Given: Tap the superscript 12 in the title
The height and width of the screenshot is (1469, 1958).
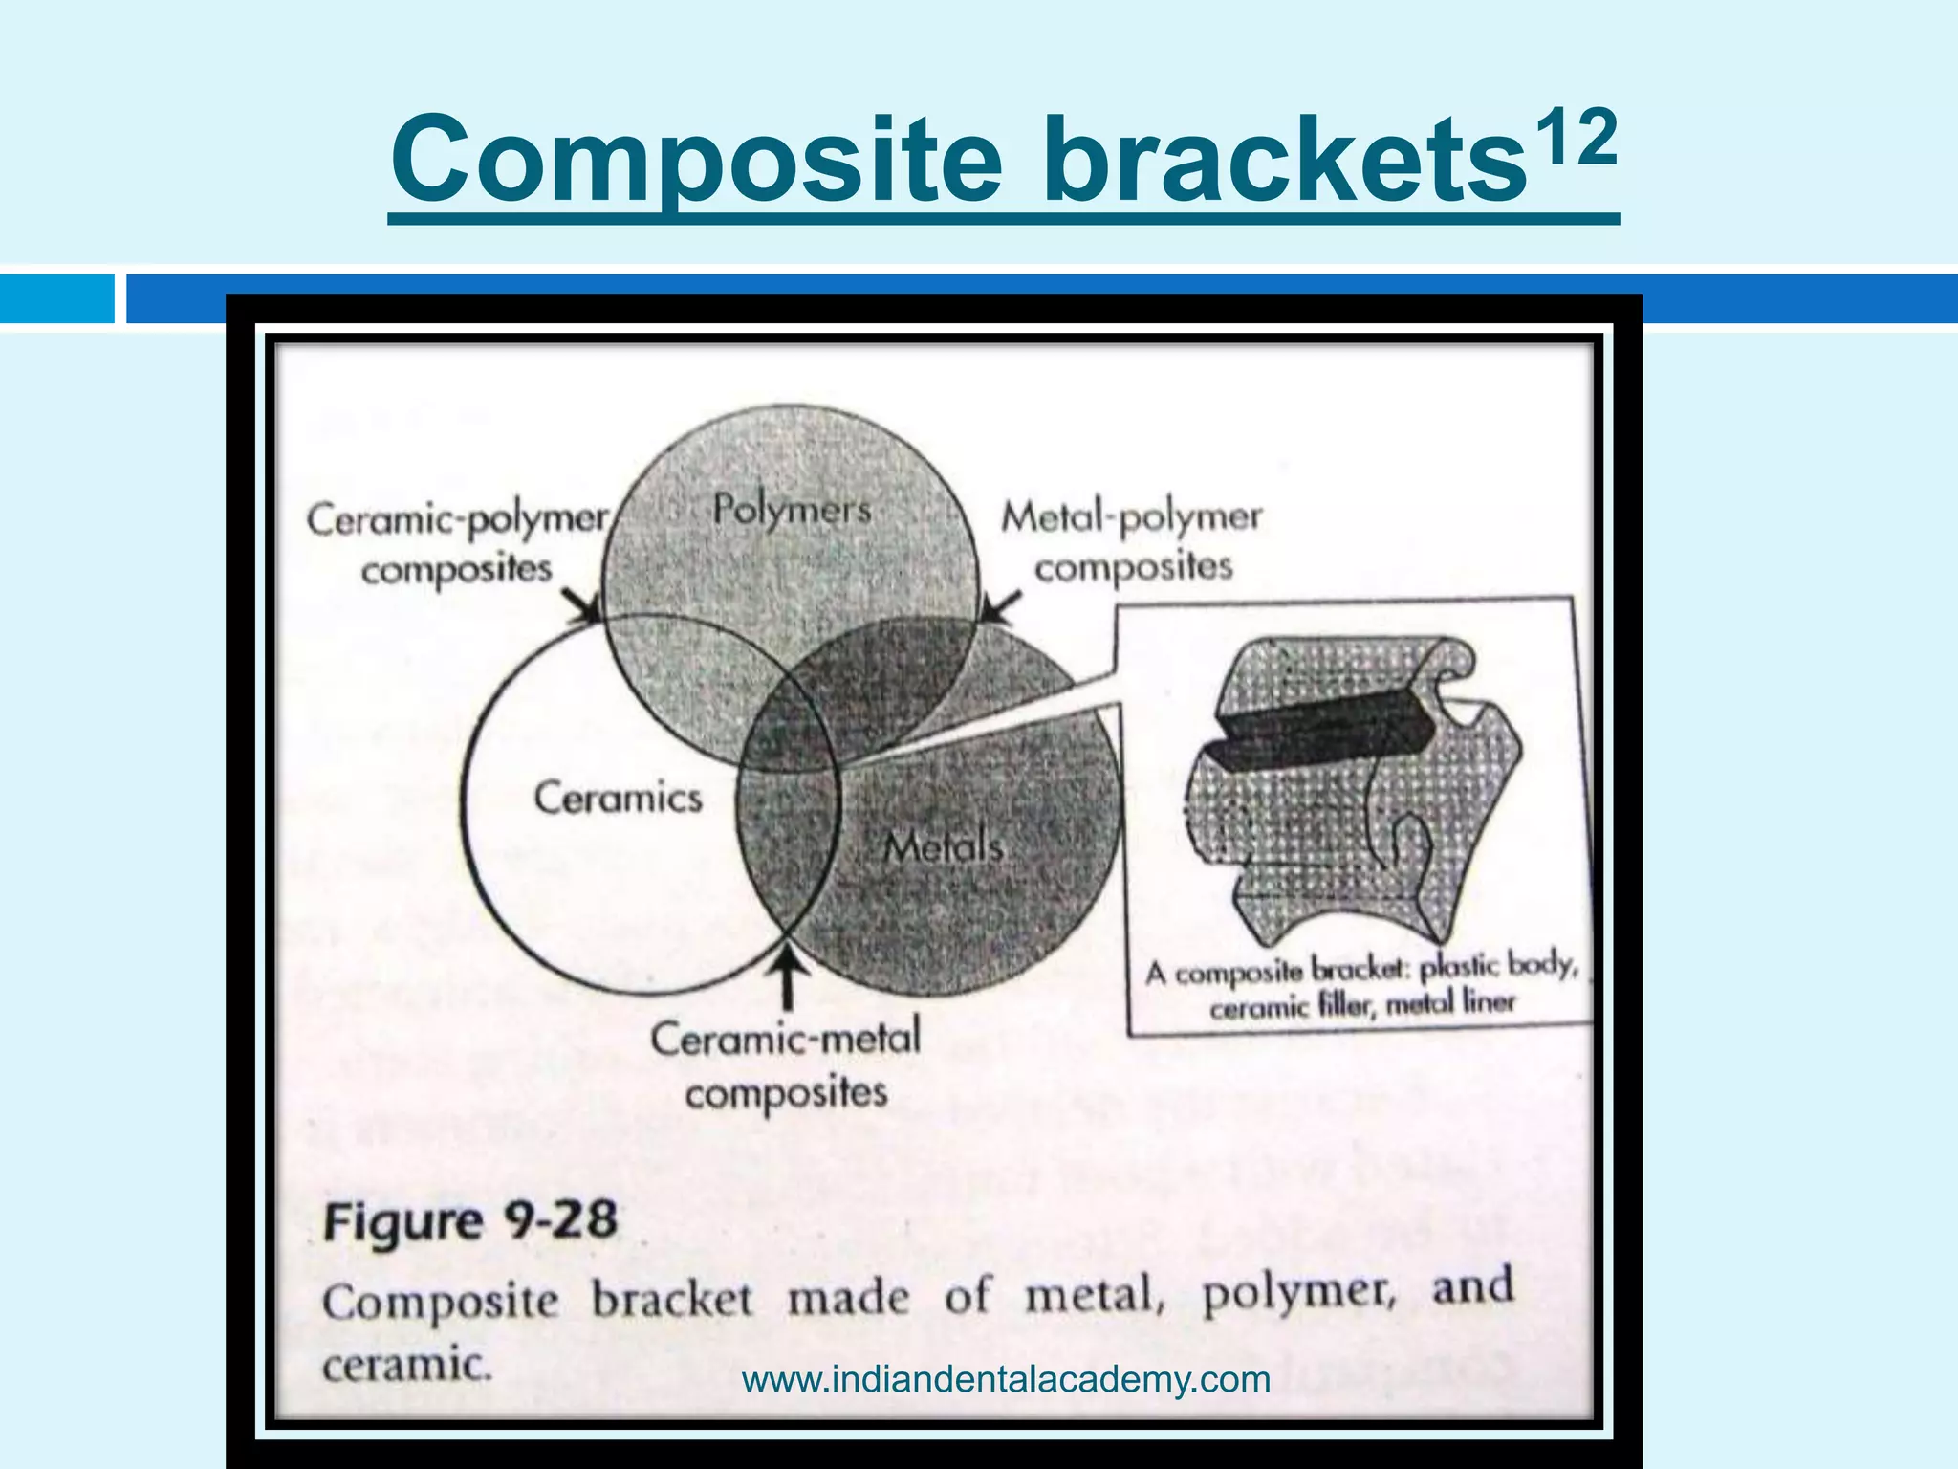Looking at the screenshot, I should (x=1573, y=139).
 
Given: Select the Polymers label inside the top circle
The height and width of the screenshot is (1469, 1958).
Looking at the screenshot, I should (x=792, y=509).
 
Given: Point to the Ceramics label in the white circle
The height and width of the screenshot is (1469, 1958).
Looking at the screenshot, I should (x=618, y=798).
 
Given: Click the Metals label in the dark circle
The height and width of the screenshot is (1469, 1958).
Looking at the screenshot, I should (x=943, y=846).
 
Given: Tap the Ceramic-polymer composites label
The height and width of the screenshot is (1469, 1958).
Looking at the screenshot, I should (x=457, y=543).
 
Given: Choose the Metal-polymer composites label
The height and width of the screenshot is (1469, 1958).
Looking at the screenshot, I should (x=1132, y=541).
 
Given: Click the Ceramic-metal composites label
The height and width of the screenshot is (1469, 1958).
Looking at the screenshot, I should (x=786, y=1064).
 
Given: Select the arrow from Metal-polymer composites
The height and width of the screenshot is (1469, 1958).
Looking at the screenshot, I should (x=1000, y=608).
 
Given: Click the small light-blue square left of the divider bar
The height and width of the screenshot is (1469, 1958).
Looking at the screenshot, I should (x=56, y=298).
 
